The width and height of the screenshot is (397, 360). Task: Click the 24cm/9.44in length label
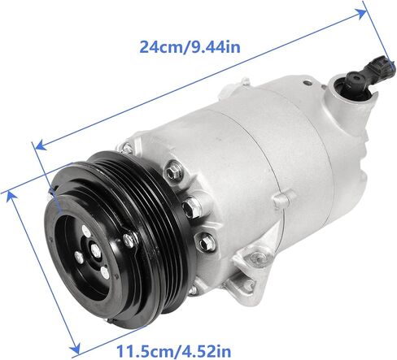coord(190,47)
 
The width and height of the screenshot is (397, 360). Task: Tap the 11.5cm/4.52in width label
coord(173,351)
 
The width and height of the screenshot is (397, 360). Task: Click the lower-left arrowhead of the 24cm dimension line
coord(41,145)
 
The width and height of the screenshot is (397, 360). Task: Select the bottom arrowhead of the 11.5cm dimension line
coord(76,347)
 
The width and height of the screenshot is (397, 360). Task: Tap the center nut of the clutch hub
coord(95,250)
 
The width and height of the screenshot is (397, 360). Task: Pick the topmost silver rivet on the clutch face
coord(86,231)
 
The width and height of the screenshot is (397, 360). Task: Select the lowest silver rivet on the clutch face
coord(105,272)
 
